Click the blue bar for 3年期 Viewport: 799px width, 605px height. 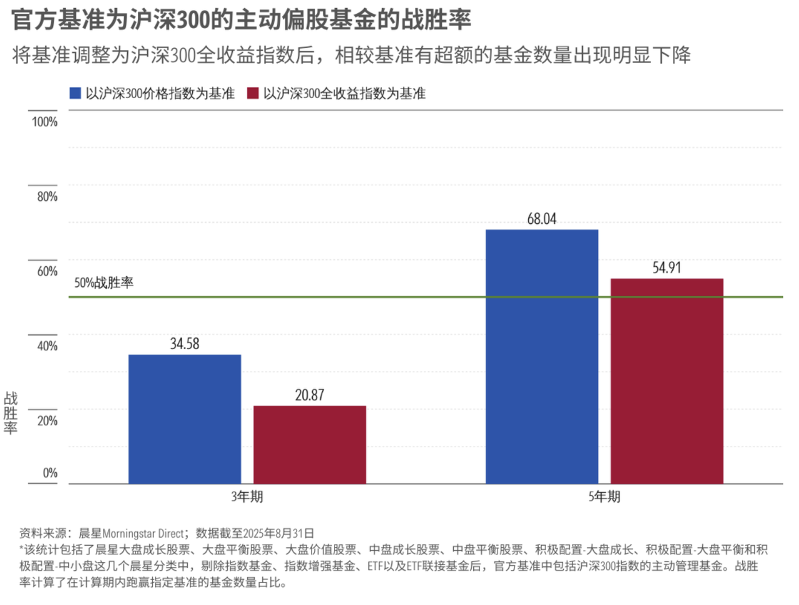[x=185, y=419]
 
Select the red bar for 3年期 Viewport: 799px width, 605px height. [x=310, y=445]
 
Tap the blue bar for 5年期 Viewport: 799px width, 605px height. [x=542, y=357]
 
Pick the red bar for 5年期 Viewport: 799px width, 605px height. [x=667, y=381]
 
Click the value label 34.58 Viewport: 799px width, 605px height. [x=185, y=344]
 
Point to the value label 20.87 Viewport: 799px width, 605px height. [x=310, y=395]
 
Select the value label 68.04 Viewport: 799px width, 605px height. [x=542, y=219]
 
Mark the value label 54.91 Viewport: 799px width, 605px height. [x=667, y=268]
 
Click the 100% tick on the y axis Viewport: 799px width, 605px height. [x=45, y=122]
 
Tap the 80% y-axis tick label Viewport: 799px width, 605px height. [x=47, y=196]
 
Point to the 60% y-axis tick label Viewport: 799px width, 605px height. [x=47, y=271]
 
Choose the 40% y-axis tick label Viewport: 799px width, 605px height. [x=47, y=346]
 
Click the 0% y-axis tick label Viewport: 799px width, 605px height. [x=50, y=473]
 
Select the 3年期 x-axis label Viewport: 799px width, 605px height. [x=247, y=496]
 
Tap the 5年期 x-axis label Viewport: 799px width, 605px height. [x=604, y=496]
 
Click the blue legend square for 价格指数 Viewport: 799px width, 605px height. [x=76, y=94]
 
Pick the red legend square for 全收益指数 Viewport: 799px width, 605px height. [x=253, y=94]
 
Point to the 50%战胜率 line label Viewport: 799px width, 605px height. [x=104, y=283]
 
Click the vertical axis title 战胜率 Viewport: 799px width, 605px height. [x=11, y=413]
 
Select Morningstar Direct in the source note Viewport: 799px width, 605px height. [x=144, y=533]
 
